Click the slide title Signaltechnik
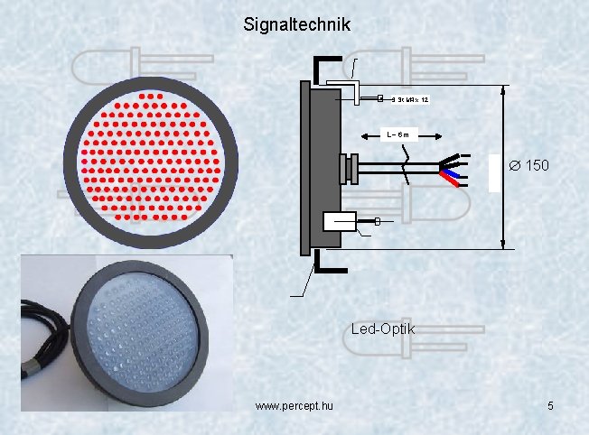[x=296, y=25]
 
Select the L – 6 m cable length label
[x=397, y=134]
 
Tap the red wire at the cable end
[x=456, y=180]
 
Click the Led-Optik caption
[x=382, y=329]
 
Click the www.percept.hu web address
[x=294, y=407]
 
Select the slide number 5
[x=550, y=407]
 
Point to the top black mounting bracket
[x=325, y=68]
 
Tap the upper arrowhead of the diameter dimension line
[x=502, y=90]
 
